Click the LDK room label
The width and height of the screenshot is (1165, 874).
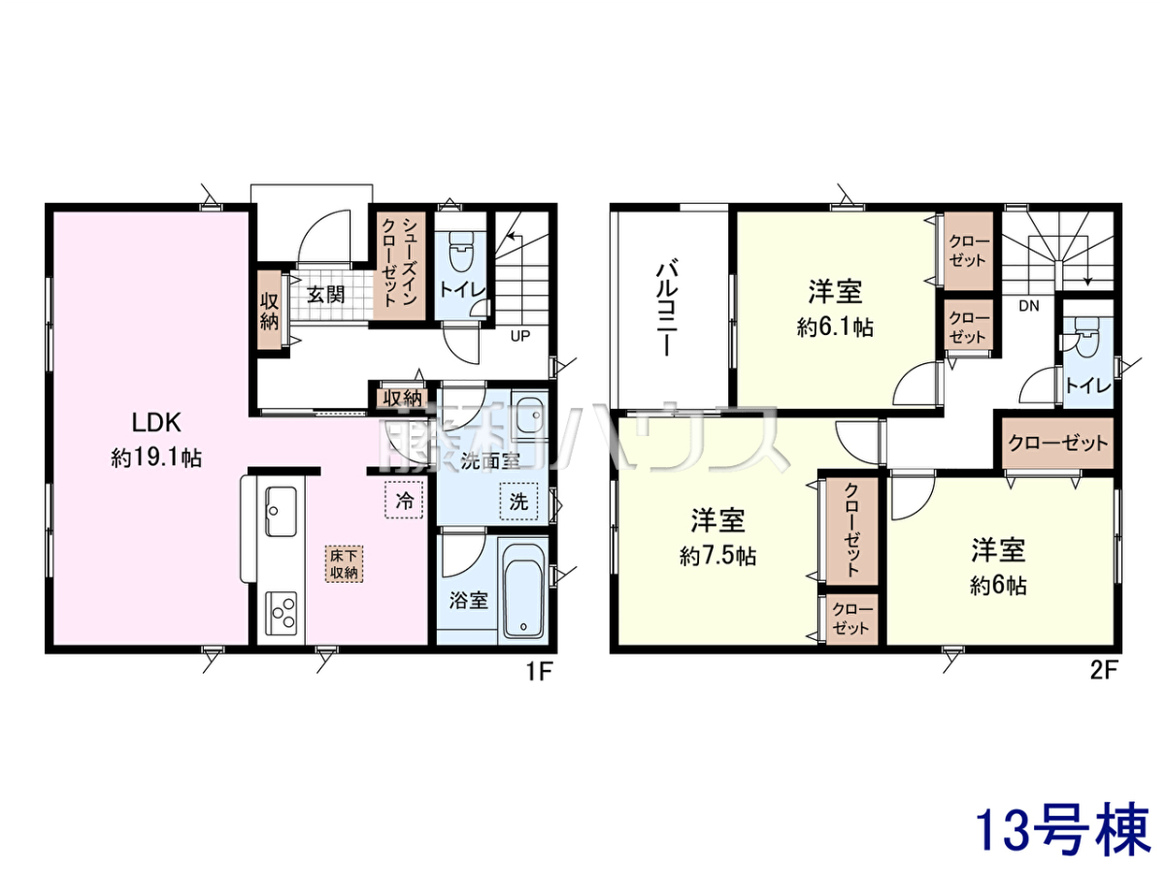coord(156,422)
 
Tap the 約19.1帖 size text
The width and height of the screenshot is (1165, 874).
coord(156,457)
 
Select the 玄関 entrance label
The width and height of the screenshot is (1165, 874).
coord(325,294)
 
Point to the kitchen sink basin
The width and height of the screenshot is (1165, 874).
coord(281,512)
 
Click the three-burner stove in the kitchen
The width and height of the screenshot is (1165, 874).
coord(281,614)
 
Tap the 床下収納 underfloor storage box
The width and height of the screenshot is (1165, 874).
coord(344,564)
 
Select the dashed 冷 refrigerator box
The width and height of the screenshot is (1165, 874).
coord(404,500)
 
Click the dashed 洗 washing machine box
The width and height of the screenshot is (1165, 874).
coord(518,501)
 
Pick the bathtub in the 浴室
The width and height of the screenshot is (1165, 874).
coord(523,591)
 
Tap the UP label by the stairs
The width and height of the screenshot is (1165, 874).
coord(519,336)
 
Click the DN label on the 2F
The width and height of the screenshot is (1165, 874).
coord(1028,306)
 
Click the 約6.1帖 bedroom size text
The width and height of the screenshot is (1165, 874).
coord(835,327)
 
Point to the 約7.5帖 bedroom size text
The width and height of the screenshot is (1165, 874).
coord(717,556)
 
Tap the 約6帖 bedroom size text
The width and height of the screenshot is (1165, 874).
coord(998,586)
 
